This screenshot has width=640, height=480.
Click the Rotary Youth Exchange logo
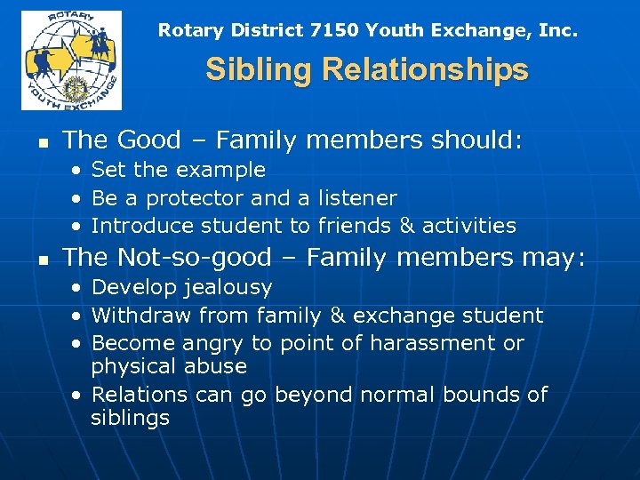(x=72, y=60)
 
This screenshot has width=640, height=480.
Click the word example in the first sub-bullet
(x=223, y=170)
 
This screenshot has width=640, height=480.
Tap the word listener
(x=356, y=197)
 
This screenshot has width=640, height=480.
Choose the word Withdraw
(x=141, y=316)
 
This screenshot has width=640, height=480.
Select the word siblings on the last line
(x=130, y=418)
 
